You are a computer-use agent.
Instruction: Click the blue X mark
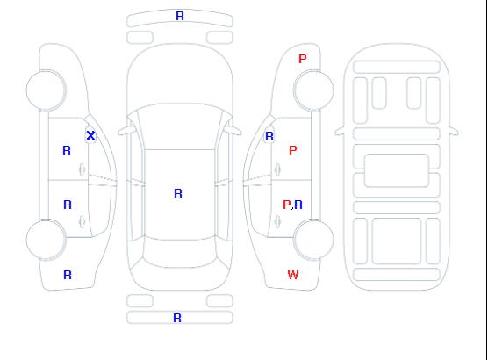[90, 136]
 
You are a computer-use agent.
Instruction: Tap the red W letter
[293, 275]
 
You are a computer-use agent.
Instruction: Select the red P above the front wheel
[303, 59]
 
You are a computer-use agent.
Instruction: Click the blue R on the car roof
[178, 193]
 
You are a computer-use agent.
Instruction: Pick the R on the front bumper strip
[180, 16]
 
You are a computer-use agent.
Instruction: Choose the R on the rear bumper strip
[177, 318]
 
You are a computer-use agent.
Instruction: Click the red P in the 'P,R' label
[286, 205]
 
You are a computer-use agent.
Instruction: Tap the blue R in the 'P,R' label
[298, 205]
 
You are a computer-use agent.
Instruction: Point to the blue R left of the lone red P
[269, 136]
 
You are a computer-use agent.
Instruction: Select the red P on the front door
[293, 150]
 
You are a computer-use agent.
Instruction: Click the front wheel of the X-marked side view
[46, 90]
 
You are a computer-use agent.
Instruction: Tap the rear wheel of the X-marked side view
[46, 240]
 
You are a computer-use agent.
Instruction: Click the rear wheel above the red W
[313, 240]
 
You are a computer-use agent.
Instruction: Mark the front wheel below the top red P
[313, 90]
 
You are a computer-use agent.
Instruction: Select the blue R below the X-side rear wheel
[68, 275]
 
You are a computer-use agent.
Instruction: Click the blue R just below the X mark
[67, 150]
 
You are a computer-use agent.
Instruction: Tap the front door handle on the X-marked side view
[83, 169]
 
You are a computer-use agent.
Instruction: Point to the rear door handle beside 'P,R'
[277, 222]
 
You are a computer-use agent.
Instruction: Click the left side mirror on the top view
[126, 131]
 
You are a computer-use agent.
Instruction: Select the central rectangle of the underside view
[396, 170]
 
